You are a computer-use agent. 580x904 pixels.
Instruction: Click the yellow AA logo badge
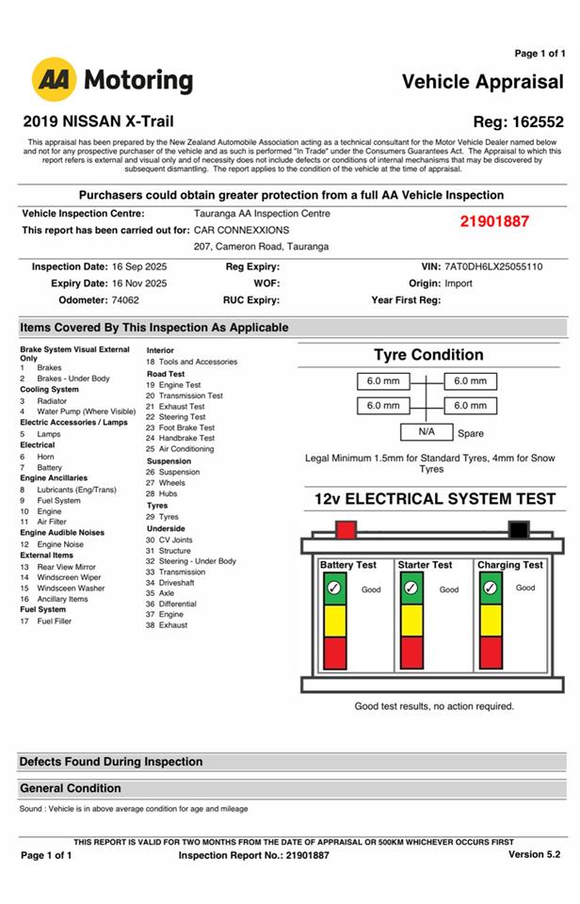pyautogui.click(x=55, y=80)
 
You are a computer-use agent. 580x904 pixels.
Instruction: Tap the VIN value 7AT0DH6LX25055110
pyautogui.click(x=493, y=266)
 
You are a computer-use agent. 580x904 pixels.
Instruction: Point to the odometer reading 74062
pyautogui.click(x=125, y=300)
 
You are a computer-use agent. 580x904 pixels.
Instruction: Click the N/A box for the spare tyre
pyautogui.click(x=427, y=431)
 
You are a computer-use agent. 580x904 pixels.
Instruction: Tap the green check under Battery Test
pyautogui.click(x=333, y=589)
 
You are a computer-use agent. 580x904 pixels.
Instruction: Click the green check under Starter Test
pyautogui.click(x=411, y=589)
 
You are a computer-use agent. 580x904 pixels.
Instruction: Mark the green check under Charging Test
pyautogui.click(x=491, y=589)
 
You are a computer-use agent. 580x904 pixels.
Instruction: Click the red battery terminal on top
pyautogui.click(x=346, y=529)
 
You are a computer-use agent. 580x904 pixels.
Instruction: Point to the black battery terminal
pyautogui.click(x=518, y=529)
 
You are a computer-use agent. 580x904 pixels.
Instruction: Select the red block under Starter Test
pyautogui.click(x=411, y=652)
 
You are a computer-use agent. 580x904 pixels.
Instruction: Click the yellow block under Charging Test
pyautogui.click(x=491, y=620)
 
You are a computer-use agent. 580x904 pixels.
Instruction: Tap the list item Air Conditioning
pyautogui.click(x=185, y=449)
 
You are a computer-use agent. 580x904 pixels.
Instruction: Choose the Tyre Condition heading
pyautogui.click(x=428, y=355)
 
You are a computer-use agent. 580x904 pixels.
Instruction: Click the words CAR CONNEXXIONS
pyautogui.click(x=242, y=230)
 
